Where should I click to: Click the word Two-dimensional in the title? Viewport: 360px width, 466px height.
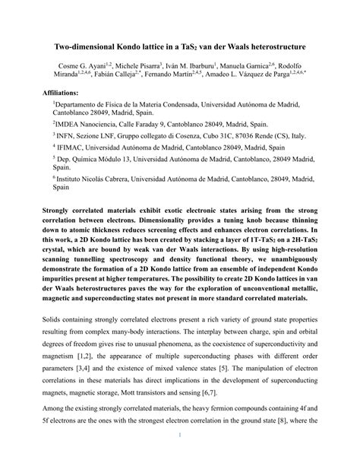(x=96, y=46)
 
